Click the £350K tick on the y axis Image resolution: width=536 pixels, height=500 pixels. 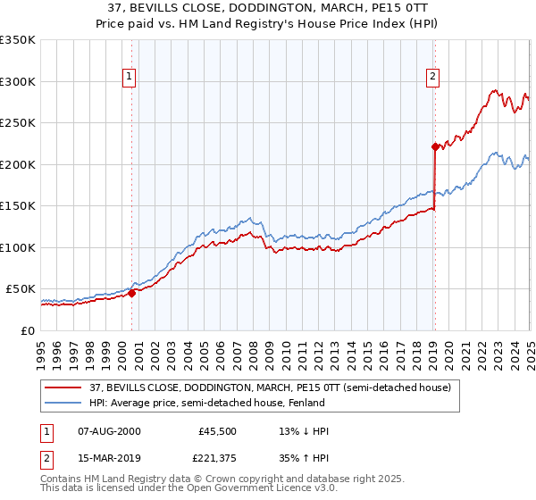17,40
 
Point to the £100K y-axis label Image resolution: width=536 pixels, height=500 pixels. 17,247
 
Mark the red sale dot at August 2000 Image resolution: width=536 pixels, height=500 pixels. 131,292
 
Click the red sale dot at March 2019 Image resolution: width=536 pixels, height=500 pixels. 434,146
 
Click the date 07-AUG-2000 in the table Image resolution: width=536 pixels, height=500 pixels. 109,431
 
